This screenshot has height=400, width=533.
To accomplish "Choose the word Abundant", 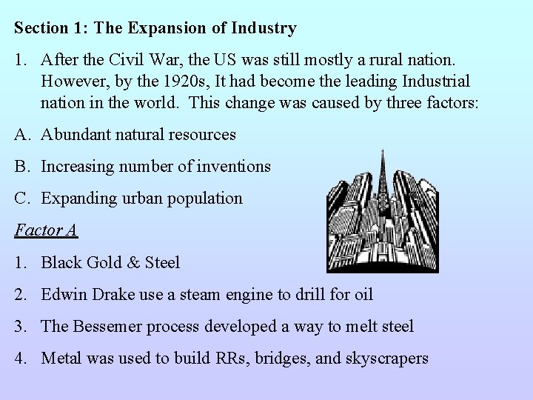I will (x=76, y=134).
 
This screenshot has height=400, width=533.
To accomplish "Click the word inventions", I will (x=235, y=167).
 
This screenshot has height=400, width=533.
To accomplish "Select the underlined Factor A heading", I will (x=46, y=230).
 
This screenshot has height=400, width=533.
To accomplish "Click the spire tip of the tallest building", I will (x=382, y=152).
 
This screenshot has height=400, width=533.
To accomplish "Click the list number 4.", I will (x=20, y=359).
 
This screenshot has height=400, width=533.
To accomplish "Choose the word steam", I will (x=205, y=294).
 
